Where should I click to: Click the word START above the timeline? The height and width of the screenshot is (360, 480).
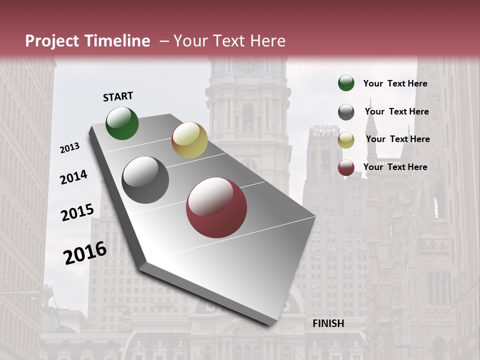[118, 96]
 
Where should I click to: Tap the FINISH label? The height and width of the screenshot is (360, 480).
[328, 323]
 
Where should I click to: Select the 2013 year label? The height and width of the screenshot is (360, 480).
[69, 148]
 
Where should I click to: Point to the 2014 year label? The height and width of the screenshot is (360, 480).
[73, 177]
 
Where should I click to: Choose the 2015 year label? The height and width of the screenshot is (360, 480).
[77, 212]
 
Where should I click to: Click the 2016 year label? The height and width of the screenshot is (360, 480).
[85, 253]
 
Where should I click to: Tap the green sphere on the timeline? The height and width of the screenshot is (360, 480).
[122, 123]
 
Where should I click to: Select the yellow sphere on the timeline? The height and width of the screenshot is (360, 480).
[189, 140]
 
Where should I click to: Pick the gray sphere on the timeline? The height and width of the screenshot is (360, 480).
[145, 180]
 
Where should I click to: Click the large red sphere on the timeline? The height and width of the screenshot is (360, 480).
[216, 208]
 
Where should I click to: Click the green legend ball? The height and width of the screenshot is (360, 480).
[346, 83]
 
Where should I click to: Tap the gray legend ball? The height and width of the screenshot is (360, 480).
[346, 112]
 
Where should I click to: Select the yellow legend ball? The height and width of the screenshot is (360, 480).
[346, 140]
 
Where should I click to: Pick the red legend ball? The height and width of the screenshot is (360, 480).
[346, 168]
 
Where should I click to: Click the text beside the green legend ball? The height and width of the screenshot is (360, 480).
[395, 83]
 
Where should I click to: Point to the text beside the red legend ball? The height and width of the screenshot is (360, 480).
[395, 167]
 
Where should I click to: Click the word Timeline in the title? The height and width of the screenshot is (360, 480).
[118, 41]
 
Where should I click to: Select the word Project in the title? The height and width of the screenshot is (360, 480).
[52, 41]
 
